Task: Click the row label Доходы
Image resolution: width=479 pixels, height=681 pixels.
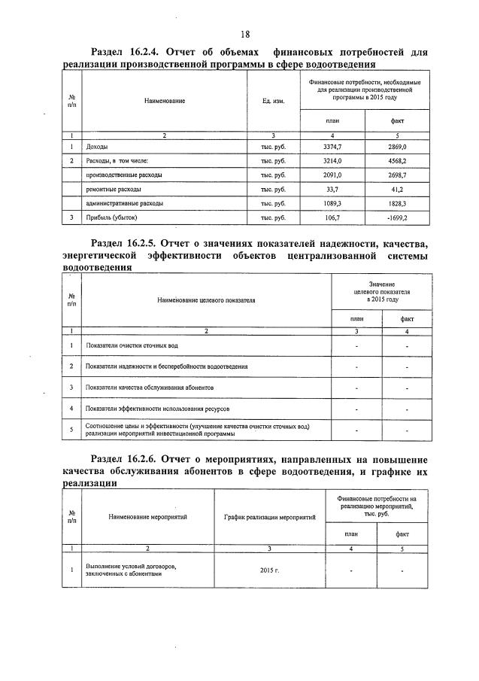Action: point(98,147)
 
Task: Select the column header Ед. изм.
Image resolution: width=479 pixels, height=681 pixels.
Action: point(273,101)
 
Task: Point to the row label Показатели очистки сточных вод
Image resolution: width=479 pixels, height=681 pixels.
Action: point(132,345)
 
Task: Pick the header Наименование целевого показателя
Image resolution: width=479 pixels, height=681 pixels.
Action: point(206,299)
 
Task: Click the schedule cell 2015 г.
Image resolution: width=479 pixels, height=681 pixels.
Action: point(268,571)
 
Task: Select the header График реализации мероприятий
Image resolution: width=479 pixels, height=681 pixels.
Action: point(269,517)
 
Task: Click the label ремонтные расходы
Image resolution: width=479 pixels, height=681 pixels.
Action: point(114,189)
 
